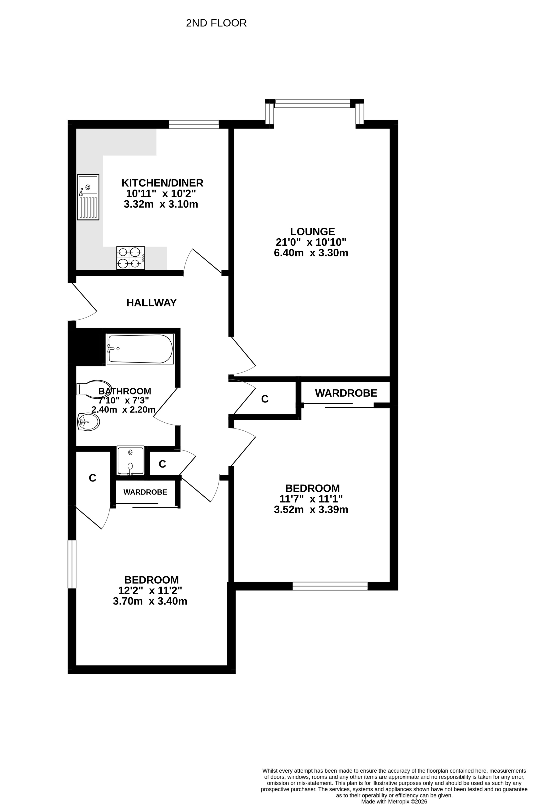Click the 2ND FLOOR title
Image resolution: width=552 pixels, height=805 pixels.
click(x=216, y=23)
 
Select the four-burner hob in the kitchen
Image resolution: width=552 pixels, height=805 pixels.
click(x=130, y=258)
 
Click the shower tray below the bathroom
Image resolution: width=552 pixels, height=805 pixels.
click(x=130, y=460)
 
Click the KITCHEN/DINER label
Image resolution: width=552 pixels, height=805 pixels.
click(x=162, y=183)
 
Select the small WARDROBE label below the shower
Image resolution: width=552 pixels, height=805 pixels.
click(x=145, y=492)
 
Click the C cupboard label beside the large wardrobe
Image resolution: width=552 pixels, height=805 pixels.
click(x=265, y=399)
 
